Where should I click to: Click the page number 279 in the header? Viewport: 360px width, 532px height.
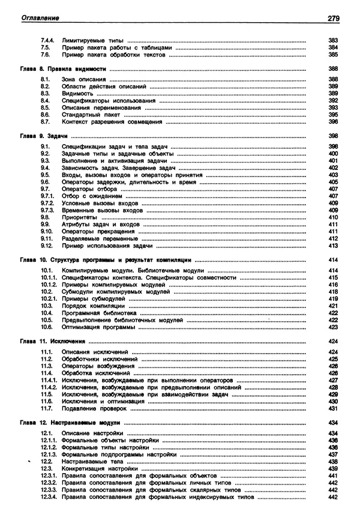pyautogui.click(x=334, y=18)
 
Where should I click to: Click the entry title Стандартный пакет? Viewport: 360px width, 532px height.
pyautogui.click(x=89, y=114)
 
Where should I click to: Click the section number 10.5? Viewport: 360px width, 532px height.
pyautogui.click(x=47, y=320)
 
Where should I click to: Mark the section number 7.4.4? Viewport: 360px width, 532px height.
pyautogui.click(x=47, y=40)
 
